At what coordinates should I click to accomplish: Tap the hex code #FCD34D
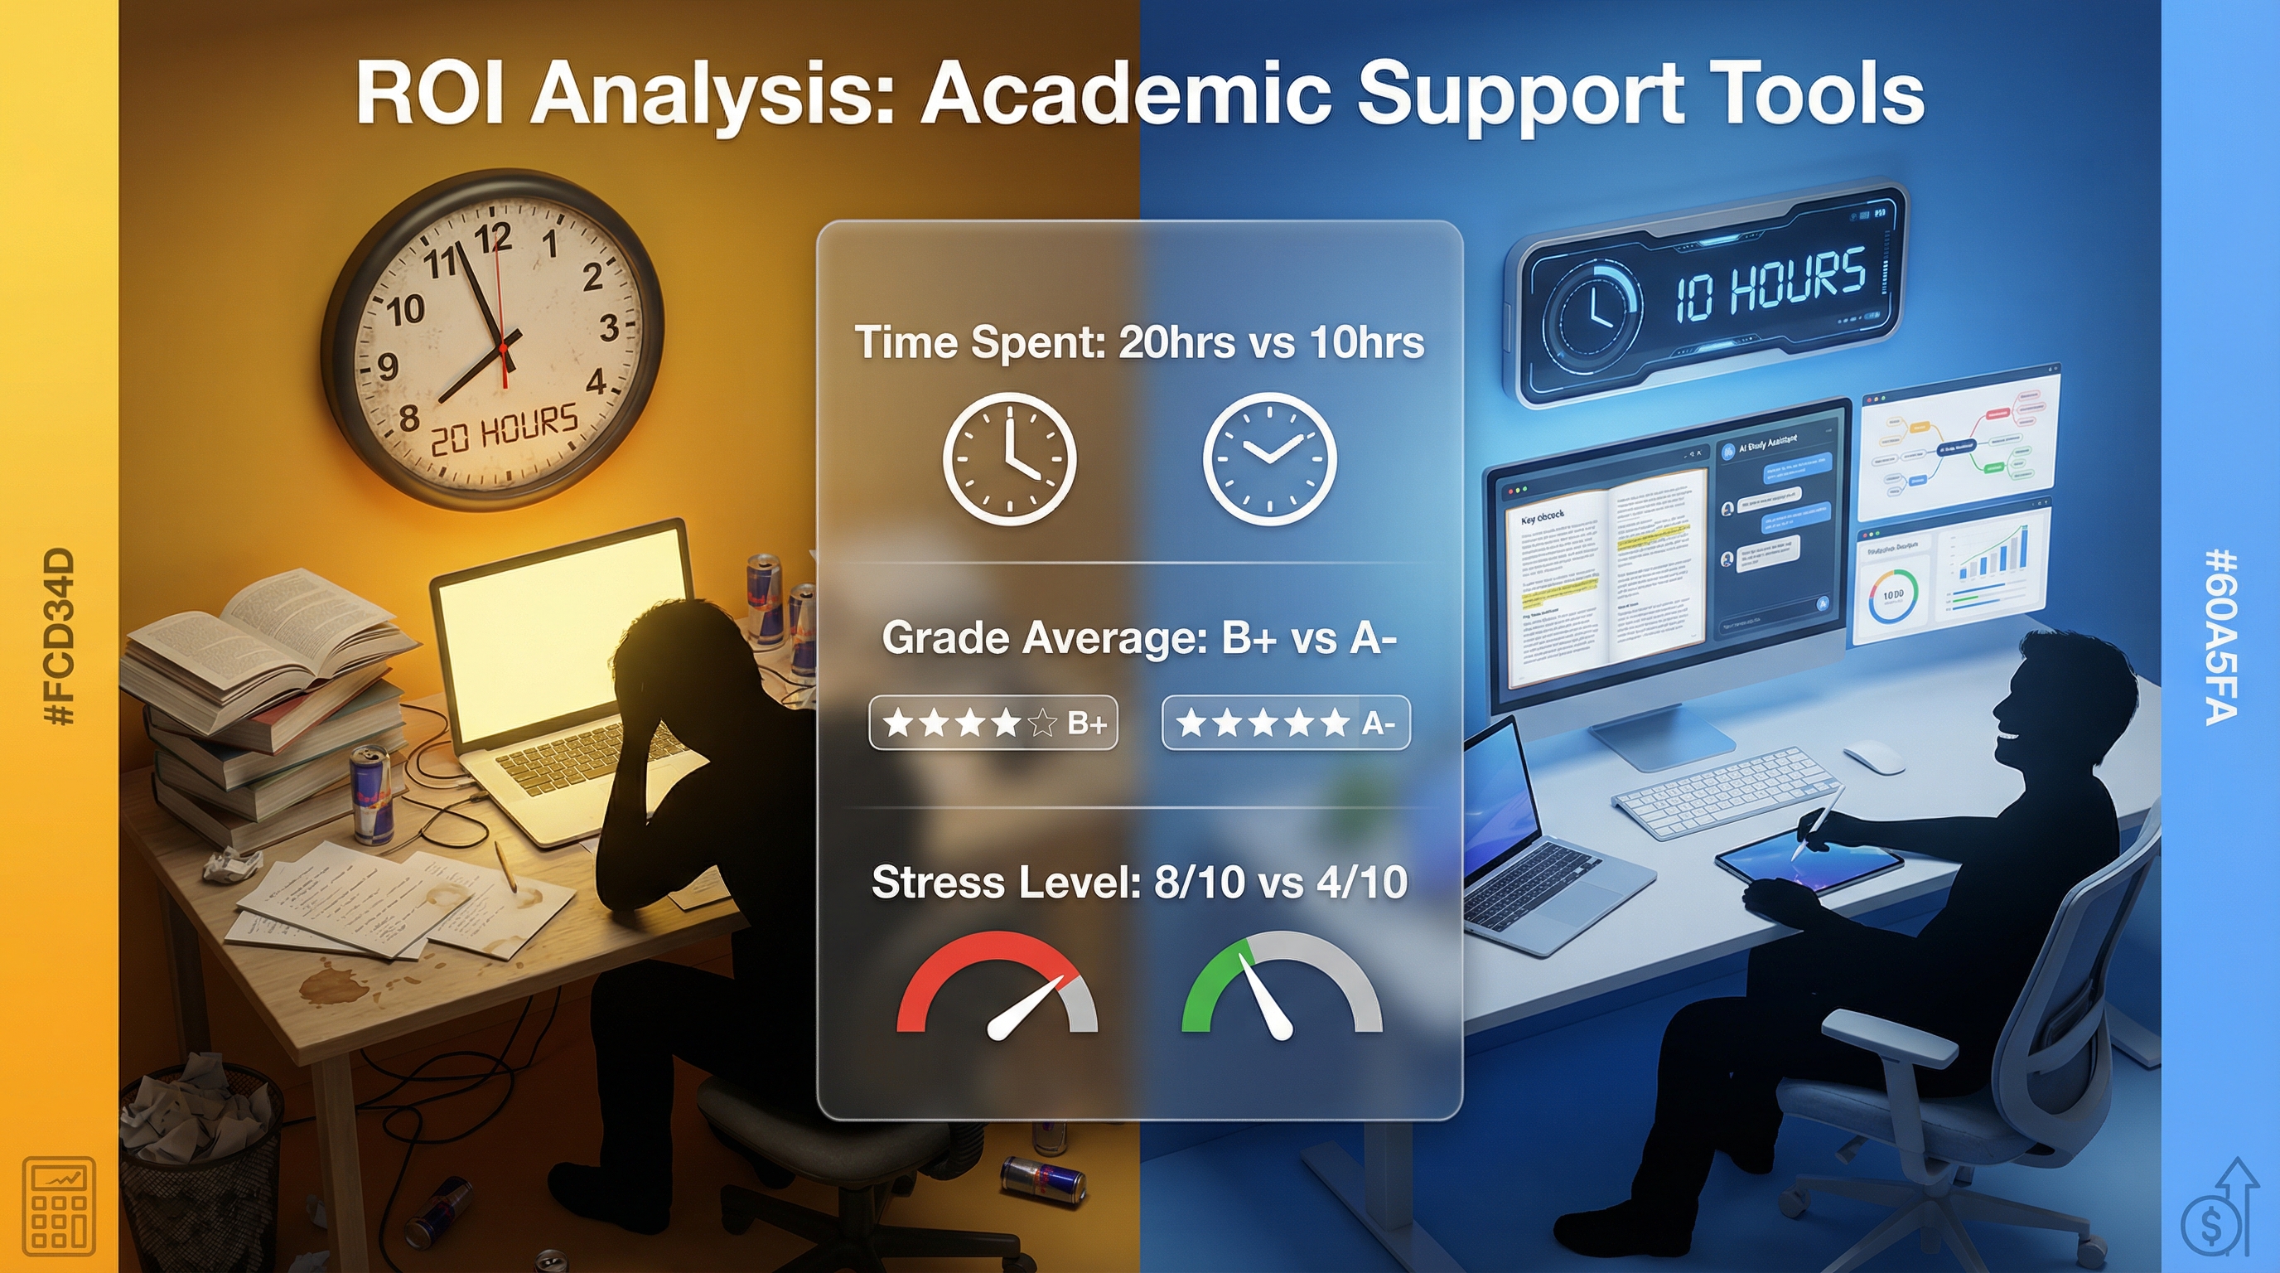click(x=60, y=637)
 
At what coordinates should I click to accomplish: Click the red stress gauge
click(x=997, y=985)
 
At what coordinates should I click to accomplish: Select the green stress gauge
click(x=1282, y=985)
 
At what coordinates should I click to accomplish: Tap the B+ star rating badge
click(x=993, y=724)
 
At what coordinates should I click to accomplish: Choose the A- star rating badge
click(x=1285, y=724)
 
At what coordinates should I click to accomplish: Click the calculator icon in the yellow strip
click(x=60, y=1206)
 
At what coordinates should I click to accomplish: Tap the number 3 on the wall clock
click(x=608, y=328)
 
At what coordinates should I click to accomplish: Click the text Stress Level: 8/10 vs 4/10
click(x=1139, y=883)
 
